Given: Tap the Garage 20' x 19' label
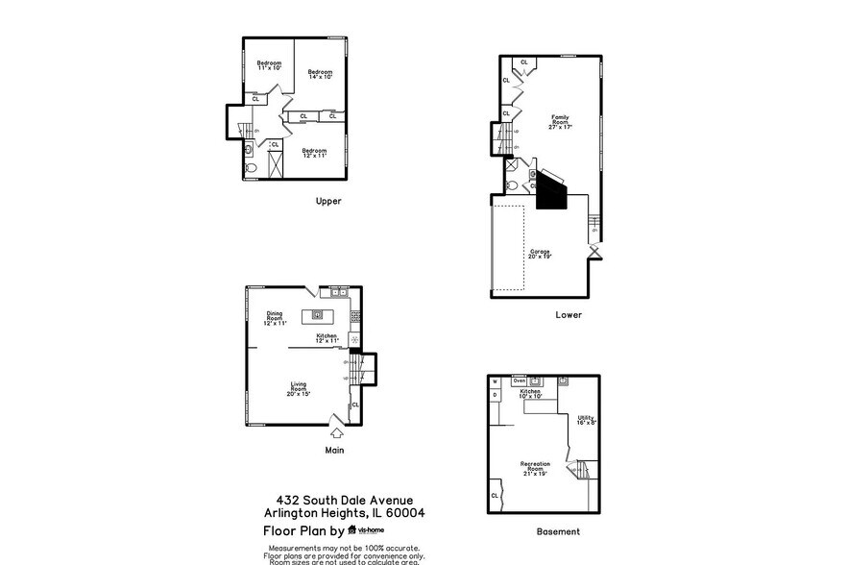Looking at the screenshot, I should pos(539,255).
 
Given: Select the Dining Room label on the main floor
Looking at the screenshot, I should pos(275,317).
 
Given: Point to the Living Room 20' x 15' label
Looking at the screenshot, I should pos(299,388).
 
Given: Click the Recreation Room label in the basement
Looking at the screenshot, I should pos(536,468).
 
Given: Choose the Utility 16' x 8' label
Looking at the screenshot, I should pos(586,420).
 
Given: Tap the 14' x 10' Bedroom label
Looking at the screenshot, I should pos(320,75).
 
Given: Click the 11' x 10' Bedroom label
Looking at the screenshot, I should pos(269,65).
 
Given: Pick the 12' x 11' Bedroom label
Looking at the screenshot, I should pos(315,152).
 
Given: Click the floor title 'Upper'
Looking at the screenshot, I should pos(328,202).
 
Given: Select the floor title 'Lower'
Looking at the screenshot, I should pos(568,314).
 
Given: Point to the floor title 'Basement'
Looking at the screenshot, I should pos(557,531).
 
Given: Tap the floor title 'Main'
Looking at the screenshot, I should pos(333,449).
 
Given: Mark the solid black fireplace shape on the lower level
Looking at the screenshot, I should pos(551,189).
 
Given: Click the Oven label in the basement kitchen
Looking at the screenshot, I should pos(519,381).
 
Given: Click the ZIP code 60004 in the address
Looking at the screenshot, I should pos(406,513).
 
